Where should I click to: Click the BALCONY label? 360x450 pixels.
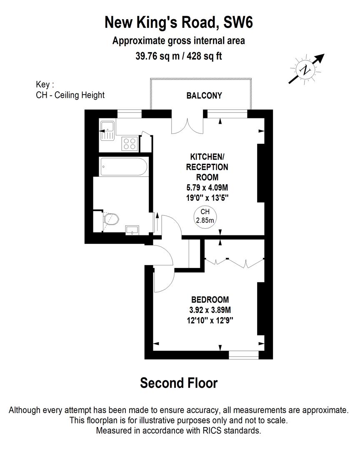pos(204,95)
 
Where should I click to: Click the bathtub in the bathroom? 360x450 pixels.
pos(123,167)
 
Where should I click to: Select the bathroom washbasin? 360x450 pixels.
pos(133,230)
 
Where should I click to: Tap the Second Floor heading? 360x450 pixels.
pos(179,382)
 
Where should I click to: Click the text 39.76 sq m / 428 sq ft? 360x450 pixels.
pos(179,56)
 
